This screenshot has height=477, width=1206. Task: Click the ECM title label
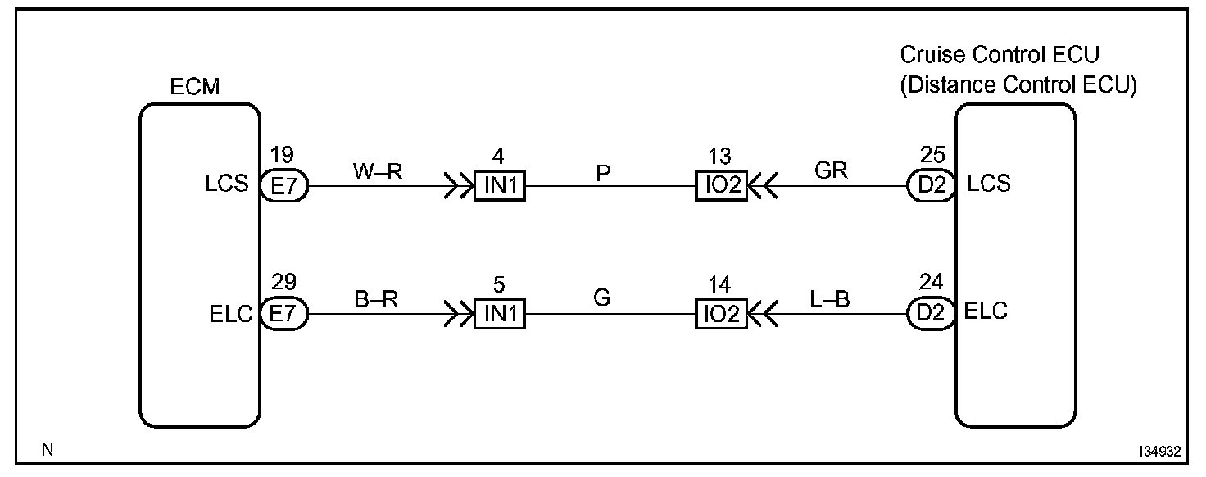point(194,86)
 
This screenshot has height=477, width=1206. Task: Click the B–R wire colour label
point(376,299)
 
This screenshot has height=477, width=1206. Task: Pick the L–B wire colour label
point(829,299)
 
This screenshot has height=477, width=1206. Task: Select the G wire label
point(602,299)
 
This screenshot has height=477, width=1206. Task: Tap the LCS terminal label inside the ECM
point(228,184)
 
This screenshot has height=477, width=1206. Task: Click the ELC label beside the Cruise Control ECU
point(987,312)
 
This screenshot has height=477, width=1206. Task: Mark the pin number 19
point(281,154)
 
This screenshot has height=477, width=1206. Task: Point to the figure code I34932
point(1158,451)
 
